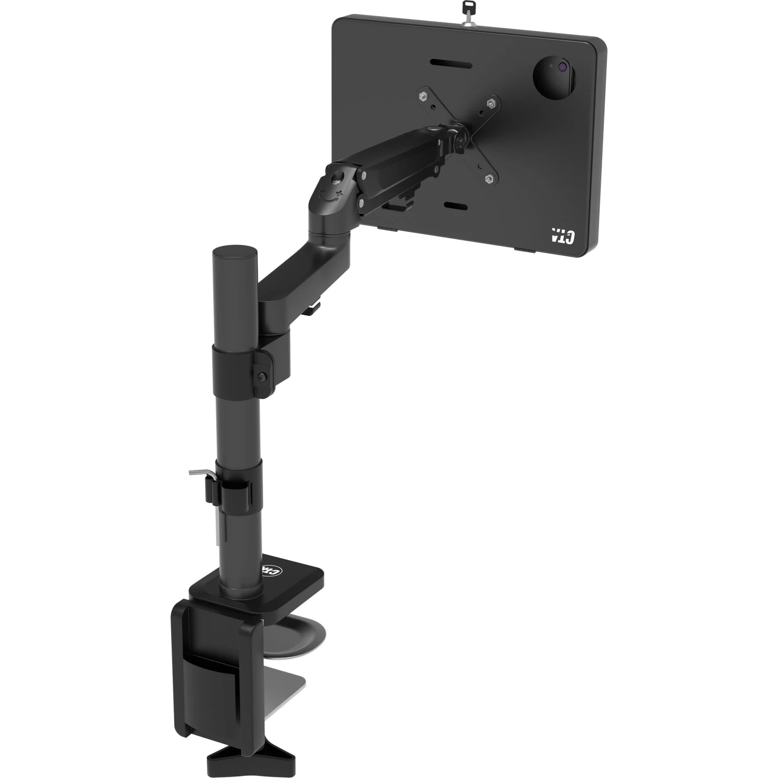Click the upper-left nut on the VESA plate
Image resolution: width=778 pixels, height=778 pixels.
point(423,96)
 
